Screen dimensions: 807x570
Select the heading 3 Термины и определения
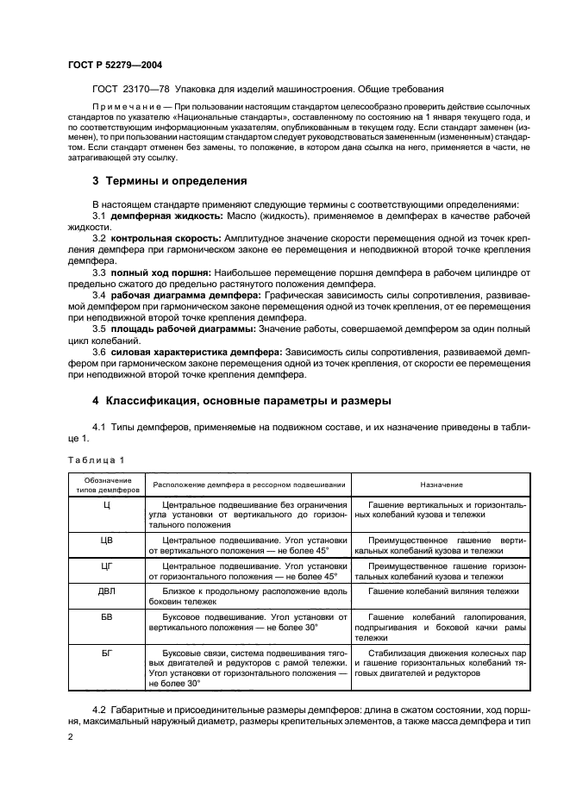(169, 181)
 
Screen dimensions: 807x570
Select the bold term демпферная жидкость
(156, 214)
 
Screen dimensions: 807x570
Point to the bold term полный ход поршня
(147, 272)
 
